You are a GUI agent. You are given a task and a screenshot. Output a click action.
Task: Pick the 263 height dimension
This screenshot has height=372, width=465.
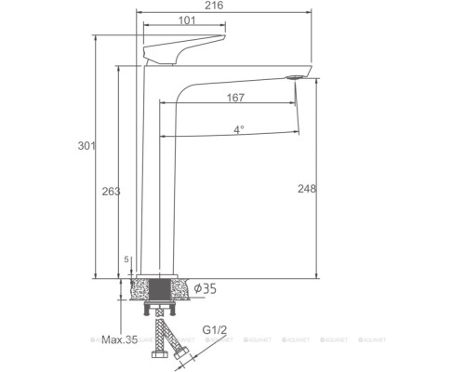(110, 190)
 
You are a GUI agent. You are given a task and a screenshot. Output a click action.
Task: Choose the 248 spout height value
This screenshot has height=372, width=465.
(308, 189)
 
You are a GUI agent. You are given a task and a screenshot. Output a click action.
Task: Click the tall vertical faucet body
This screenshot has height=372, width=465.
(154, 177)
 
